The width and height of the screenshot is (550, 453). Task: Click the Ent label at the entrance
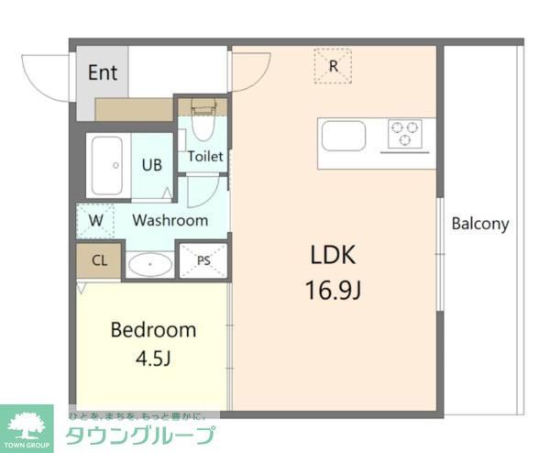(x=103, y=72)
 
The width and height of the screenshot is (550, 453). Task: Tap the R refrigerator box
(x=334, y=66)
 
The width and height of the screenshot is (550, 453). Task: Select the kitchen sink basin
(x=344, y=136)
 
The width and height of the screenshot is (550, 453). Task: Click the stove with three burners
(x=404, y=134)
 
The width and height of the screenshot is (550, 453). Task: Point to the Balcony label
(x=479, y=223)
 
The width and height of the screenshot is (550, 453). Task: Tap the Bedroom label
(x=153, y=329)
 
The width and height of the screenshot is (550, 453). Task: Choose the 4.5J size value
(x=153, y=358)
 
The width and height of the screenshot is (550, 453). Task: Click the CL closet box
(x=99, y=260)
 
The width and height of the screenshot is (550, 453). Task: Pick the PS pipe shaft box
(x=203, y=260)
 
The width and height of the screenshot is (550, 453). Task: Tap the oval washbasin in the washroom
(x=149, y=265)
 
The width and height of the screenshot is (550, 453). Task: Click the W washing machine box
(x=95, y=220)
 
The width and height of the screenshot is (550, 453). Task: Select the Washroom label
(x=170, y=220)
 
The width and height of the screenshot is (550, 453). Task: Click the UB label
(x=151, y=165)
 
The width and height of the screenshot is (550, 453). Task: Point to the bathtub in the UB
(x=108, y=165)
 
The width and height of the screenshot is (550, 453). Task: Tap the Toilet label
(x=205, y=156)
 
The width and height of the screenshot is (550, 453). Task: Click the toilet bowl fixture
(x=203, y=124)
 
